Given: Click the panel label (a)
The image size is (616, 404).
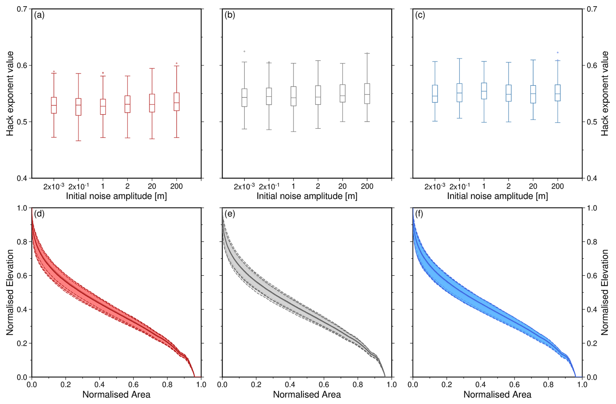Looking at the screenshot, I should [x=39, y=15].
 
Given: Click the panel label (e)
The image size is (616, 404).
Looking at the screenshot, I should [x=230, y=214].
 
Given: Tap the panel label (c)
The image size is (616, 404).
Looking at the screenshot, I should [x=420, y=15].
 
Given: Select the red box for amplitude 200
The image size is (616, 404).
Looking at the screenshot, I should [x=176, y=102].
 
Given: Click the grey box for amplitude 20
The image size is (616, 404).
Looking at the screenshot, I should [x=343, y=93].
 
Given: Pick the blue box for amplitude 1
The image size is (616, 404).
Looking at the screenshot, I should [x=484, y=91].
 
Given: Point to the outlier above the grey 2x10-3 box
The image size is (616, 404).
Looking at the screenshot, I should [x=245, y=51].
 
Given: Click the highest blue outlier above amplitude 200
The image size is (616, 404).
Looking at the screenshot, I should [x=558, y=52].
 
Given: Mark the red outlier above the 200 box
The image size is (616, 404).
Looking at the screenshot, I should [x=177, y=63].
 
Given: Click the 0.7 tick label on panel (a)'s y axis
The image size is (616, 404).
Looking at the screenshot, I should [x=22, y=9].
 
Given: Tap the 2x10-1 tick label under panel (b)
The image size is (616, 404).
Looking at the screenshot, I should [x=269, y=186].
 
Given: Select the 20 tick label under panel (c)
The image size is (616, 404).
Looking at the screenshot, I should [x=533, y=186].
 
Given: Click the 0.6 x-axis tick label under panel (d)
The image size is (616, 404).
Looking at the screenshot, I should [x=167, y=384].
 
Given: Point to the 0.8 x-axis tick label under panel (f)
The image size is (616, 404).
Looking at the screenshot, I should [x=548, y=384].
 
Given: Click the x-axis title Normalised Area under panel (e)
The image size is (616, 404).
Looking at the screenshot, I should [x=307, y=395].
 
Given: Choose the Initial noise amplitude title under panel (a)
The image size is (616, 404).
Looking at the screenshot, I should [x=116, y=196].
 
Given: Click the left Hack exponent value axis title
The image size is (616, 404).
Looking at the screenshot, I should [x=10, y=94].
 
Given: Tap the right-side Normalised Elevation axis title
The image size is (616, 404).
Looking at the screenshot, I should [x=605, y=292].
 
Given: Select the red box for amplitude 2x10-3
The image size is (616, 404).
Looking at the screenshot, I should [x=54, y=105].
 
